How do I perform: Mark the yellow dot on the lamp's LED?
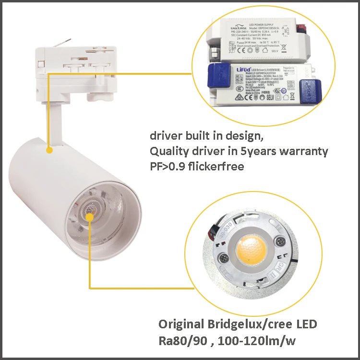[89, 217]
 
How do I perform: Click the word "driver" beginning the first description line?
[165, 136]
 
